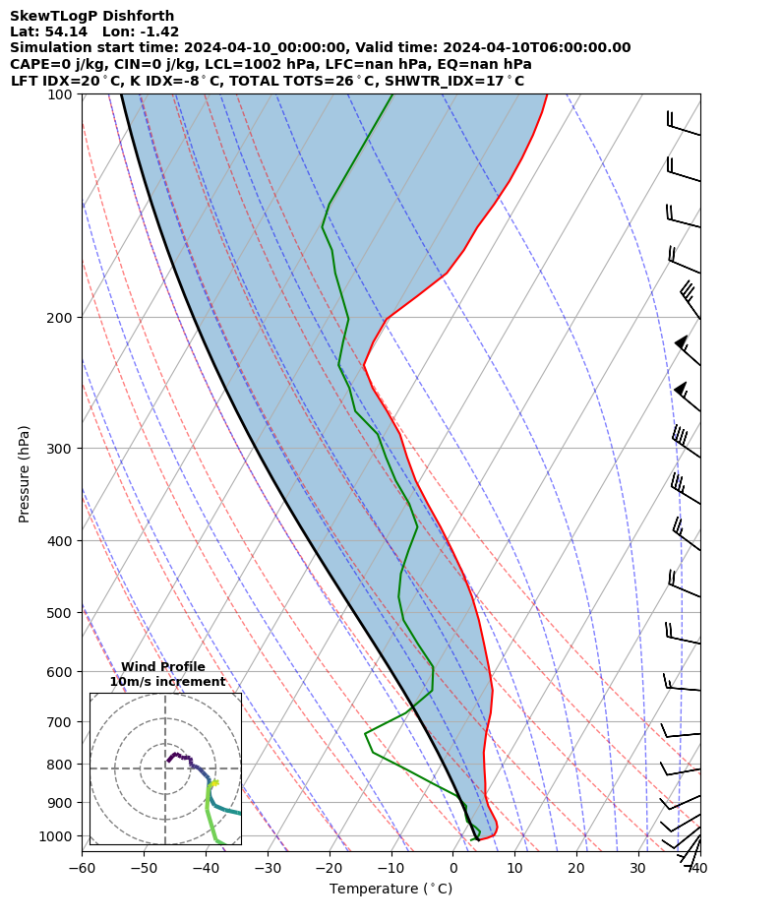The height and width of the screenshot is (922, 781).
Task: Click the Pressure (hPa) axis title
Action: (25, 473)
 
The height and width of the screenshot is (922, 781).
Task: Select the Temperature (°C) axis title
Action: (390, 890)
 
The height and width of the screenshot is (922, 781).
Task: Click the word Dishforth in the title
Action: (141, 16)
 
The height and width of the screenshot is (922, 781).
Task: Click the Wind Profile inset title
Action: (163, 667)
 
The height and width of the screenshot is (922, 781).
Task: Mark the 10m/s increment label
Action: (167, 682)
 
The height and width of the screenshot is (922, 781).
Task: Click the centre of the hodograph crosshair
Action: (165, 768)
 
